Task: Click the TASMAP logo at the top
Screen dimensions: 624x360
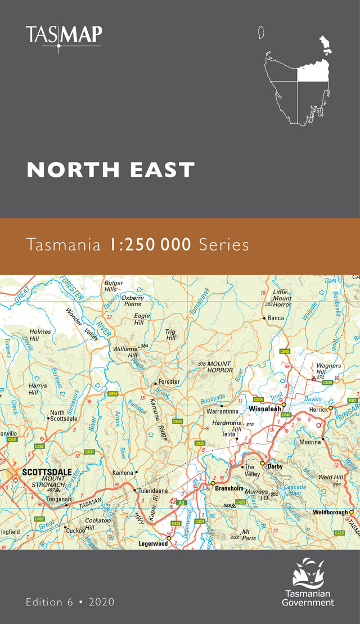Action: (x=64, y=37)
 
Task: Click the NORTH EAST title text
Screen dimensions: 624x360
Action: (x=111, y=169)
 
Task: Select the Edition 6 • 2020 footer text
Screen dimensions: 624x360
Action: (x=70, y=601)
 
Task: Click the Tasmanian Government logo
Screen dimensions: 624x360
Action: (x=309, y=582)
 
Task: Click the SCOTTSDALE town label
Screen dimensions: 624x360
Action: (x=44, y=473)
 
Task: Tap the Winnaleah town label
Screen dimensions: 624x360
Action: (x=264, y=409)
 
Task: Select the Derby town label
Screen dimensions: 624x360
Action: (x=275, y=466)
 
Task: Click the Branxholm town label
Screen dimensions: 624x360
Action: (x=229, y=489)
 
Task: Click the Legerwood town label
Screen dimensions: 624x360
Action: (x=153, y=544)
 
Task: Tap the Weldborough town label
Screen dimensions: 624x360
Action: (x=330, y=513)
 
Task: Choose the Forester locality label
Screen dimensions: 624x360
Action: (x=169, y=381)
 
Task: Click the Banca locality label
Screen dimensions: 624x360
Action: (x=276, y=318)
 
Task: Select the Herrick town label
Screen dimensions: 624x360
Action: (x=318, y=410)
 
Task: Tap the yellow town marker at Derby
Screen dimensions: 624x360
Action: (x=262, y=463)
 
